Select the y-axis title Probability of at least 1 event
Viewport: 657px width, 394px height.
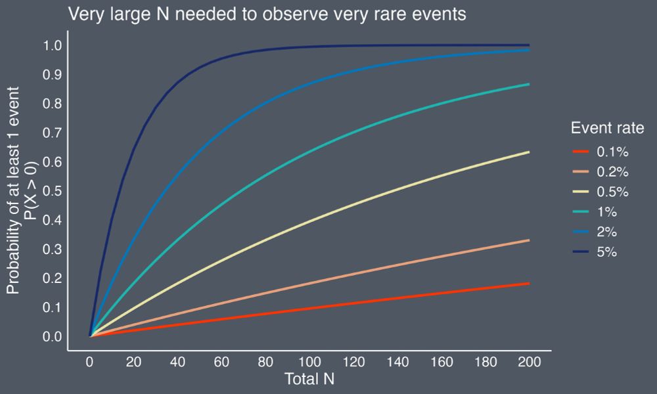point(20,190)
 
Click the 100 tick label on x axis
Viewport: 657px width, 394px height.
point(309,362)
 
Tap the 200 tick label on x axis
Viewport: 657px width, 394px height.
point(528,362)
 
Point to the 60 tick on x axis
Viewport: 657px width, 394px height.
point(221,362)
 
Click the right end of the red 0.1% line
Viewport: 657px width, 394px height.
point(528,284)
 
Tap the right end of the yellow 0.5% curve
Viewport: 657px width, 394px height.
point(528,152)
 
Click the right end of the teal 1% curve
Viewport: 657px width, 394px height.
point(528,84)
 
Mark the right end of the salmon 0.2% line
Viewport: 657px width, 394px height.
point(528,240)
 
